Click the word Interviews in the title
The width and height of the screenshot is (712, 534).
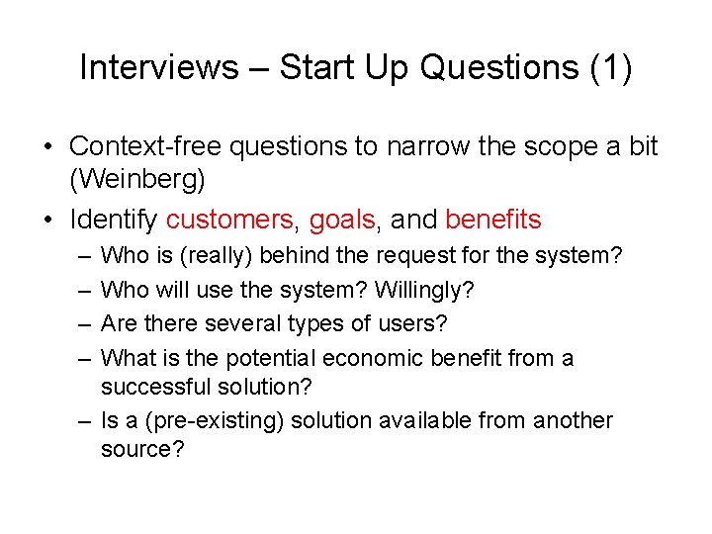pos(158,67)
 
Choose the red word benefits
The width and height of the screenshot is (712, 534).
pos(493,219)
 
